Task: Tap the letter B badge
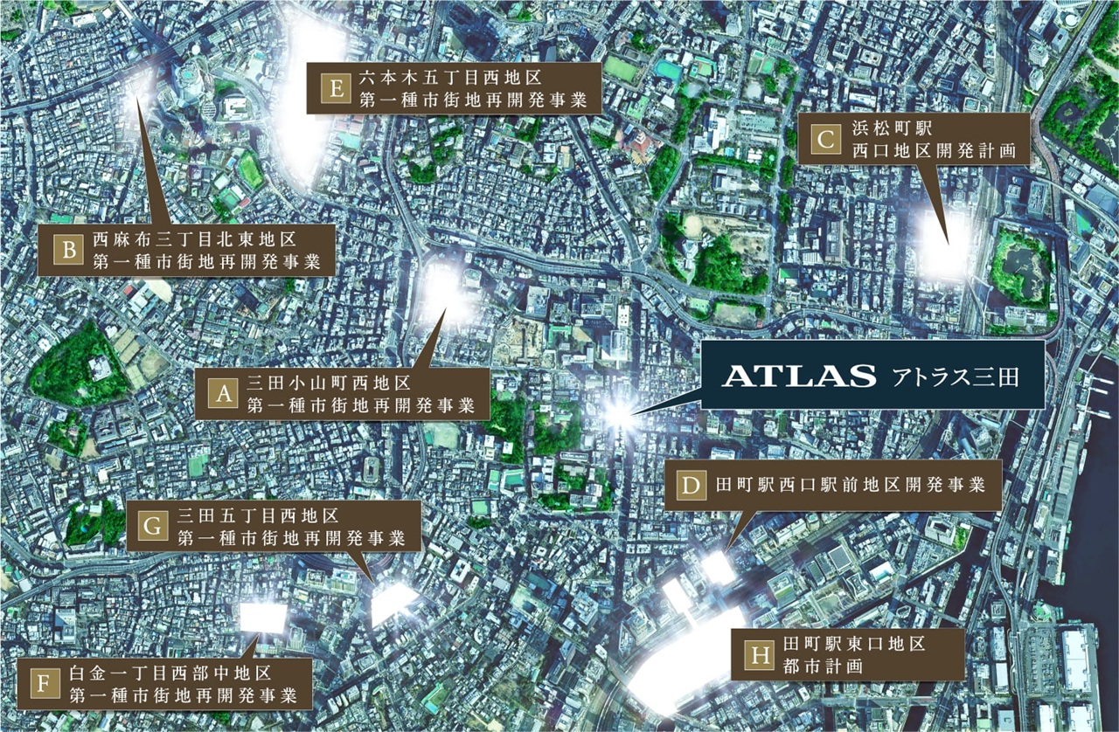coord(67,250)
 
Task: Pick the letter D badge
coord(691,486)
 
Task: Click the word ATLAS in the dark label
coord(799,376)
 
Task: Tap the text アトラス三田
coord(955,377)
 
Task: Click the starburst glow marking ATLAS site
coord(619,413)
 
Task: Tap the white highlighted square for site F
coord(262,618)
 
